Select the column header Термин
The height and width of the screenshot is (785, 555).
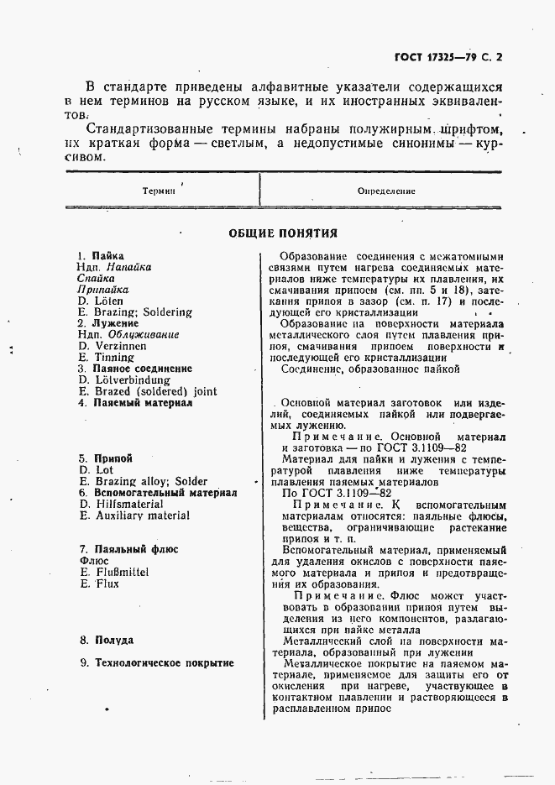point(158,191)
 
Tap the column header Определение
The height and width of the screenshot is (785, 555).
point(386,191)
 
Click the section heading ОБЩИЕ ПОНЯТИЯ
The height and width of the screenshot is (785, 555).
point(283,233)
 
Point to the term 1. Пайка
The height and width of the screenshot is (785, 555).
point(100,256)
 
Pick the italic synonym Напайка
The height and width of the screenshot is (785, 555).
point(128,267)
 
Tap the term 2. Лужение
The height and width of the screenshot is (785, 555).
point(107,323)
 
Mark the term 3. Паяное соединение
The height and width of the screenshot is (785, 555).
point(134,369)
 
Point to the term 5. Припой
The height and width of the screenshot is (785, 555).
point(105,459)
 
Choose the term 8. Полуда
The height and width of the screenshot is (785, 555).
point(106,640)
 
